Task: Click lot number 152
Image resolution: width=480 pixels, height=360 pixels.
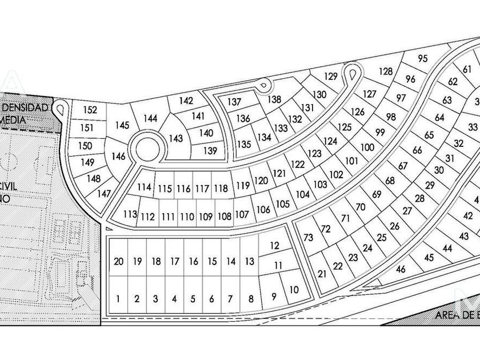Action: pos(90,110)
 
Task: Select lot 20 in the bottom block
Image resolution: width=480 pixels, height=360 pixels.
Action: pos(118,262)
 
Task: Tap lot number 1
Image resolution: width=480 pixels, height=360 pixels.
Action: pos(118,298)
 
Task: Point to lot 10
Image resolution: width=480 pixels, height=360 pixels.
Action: pos(294,290)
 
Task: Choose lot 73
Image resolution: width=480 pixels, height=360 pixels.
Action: pos(309,238)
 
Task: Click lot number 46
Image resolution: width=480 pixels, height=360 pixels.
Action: pos(401,269)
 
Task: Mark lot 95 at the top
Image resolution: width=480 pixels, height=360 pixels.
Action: pos(423,58)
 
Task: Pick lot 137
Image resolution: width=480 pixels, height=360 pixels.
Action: pos(235,102)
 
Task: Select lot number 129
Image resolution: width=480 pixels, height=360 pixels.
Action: pos(331,77)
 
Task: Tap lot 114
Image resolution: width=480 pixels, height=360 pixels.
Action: pos(145,187)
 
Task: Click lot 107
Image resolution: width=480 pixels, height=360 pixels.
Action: pos(242,215)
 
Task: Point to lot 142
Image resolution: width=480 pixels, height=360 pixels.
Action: pos(186,101)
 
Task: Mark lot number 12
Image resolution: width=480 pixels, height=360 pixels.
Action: pos(274,246)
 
